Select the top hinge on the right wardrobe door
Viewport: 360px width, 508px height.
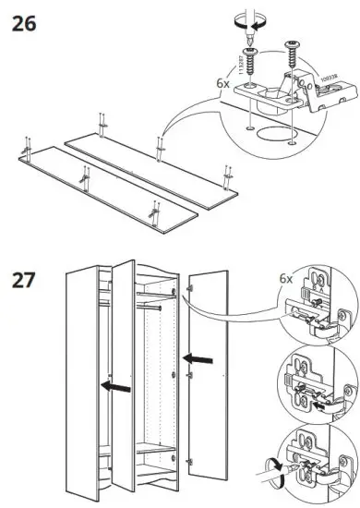pyautogui.click(x=190, y=289)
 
